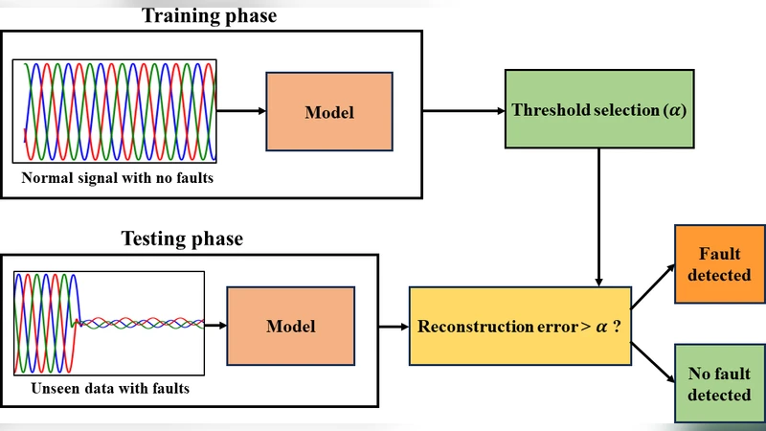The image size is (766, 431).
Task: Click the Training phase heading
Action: [x=210, y=15]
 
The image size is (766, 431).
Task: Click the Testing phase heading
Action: [x=182, y=238]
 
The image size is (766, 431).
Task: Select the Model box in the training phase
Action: [x=328, y=112]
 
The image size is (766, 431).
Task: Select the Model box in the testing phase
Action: [x=290, y=327]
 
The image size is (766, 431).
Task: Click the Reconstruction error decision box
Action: [x=520, y=327]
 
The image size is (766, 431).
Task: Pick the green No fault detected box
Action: [x=720, y=383]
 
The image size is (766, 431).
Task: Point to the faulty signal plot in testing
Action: [x=109, y=324]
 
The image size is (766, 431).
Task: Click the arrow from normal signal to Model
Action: [x=240, y=111]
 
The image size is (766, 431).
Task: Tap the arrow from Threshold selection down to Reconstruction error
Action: [x=598, y=215]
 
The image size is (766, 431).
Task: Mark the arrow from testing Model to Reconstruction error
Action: [x=393, y=327]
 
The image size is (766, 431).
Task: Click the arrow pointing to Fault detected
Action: [x=653, y=287]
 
